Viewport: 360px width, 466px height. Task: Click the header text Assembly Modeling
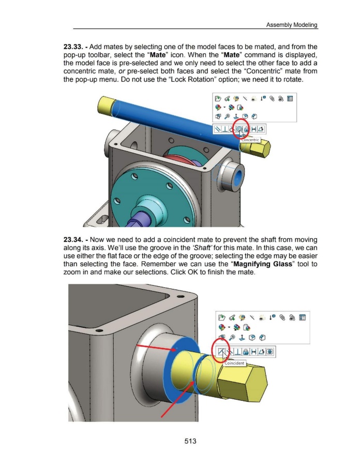[292, 25]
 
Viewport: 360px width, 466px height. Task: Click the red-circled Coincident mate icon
[221, 352]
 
